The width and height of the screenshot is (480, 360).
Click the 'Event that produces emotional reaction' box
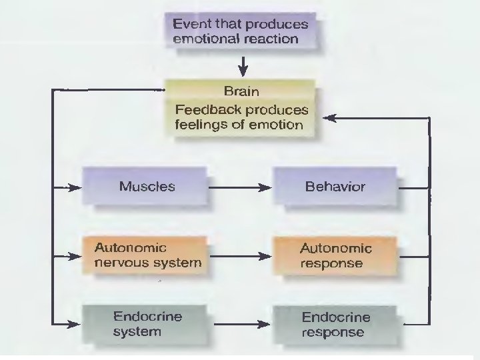[x=240, y=31]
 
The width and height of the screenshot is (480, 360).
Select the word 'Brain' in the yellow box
[x=241, y=91]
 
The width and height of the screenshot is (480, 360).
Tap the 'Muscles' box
[x=147, y=187]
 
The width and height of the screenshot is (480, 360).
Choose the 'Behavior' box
[x=335, y=187]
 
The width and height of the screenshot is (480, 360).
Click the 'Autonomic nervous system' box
[x=147, y=255]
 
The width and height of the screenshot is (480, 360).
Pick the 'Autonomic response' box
[x=335, y=255]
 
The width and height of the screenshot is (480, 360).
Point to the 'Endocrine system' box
[x=147, y=324]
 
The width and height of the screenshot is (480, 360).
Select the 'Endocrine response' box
[x=335, y=325]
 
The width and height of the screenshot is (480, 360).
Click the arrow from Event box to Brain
[x=243, y=65]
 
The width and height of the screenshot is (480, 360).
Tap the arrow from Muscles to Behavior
[x=241, y=188]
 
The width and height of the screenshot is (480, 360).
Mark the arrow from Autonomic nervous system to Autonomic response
[x=241, y=256]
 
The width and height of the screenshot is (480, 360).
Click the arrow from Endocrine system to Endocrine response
[x=241, y=325]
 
